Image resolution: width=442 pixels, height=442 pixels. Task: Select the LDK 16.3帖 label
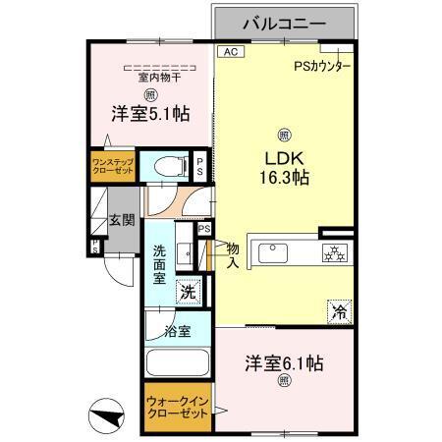[x=285, y=168]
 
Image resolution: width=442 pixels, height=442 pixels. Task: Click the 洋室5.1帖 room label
[x=149, y=115]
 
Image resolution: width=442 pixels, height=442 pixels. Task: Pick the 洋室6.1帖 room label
[x=284, y=362]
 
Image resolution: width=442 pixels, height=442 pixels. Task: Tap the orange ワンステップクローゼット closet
[x=113, y=163]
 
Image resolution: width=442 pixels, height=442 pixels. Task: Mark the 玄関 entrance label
[x=121, y=221]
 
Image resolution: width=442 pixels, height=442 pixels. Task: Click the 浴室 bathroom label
[x=177, y=331]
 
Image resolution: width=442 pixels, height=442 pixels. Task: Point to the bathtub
[x=177, y=363]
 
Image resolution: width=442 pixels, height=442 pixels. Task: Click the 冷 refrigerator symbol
[x=340, y=312]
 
